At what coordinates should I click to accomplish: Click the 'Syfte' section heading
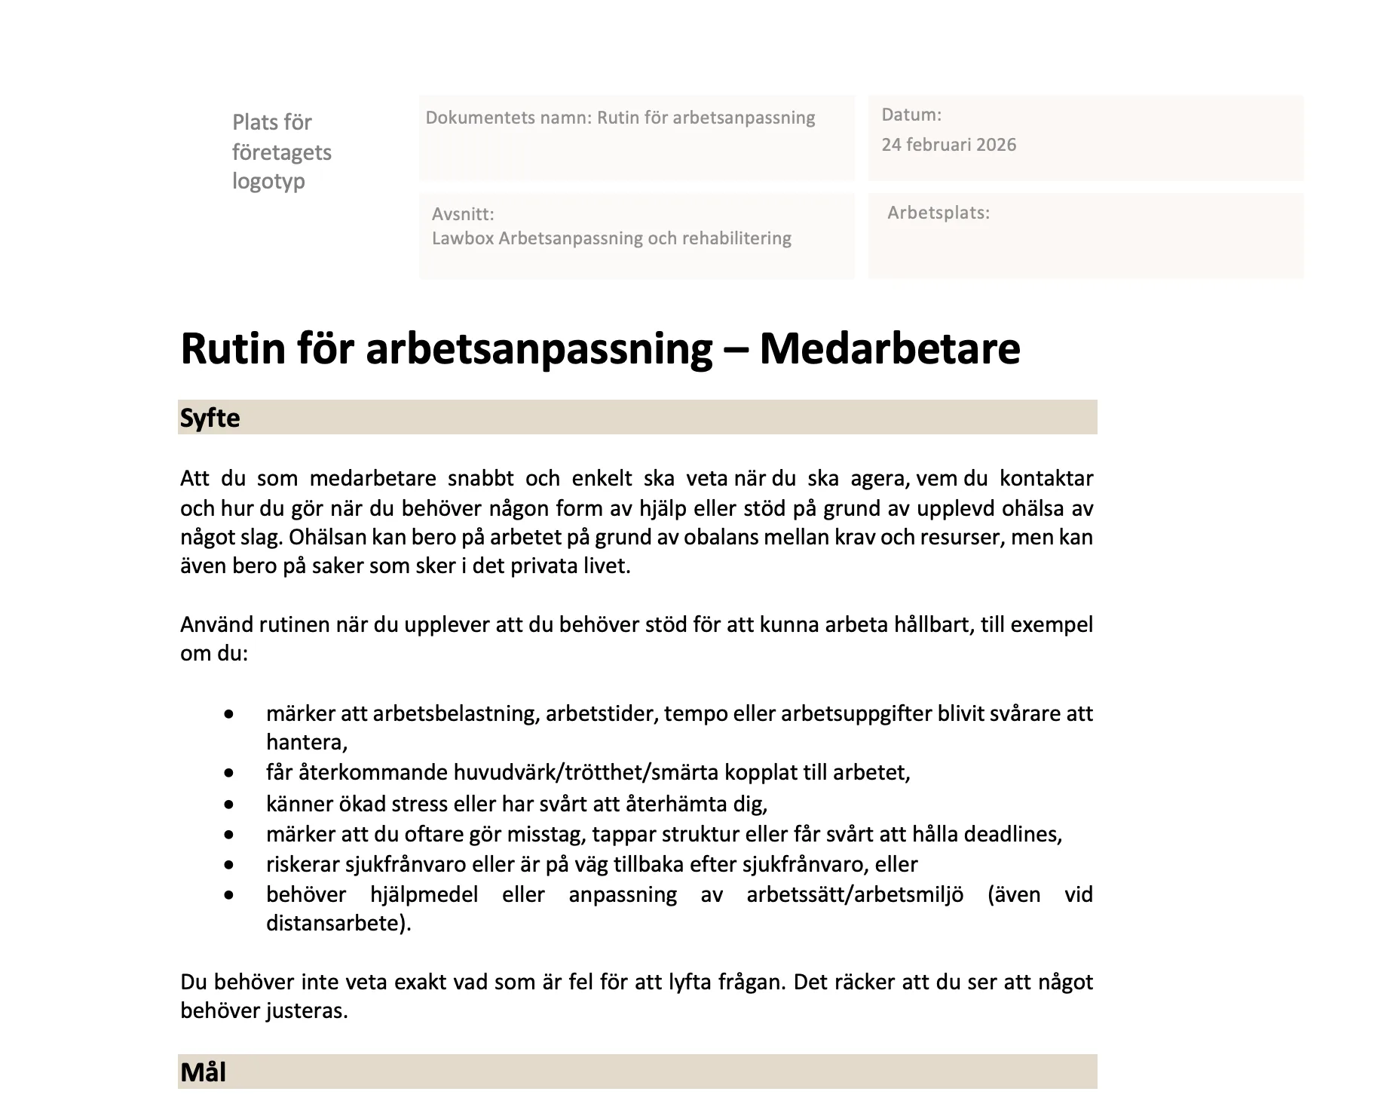[210, 418]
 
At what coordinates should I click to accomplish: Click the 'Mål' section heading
[203, 1072]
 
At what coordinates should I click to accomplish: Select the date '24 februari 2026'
[948, 145]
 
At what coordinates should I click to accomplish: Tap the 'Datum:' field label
[911, 115]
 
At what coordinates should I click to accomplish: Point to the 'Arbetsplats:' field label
[938, 213]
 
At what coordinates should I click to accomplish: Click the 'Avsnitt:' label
[463, 214]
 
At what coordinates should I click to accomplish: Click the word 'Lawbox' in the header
[462, 238]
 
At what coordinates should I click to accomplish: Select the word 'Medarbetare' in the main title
[889, 348]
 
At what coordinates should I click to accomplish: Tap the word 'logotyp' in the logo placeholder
[268, 181]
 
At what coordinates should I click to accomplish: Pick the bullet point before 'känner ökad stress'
[229, 805]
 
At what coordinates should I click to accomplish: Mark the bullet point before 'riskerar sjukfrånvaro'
[229, 865]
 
